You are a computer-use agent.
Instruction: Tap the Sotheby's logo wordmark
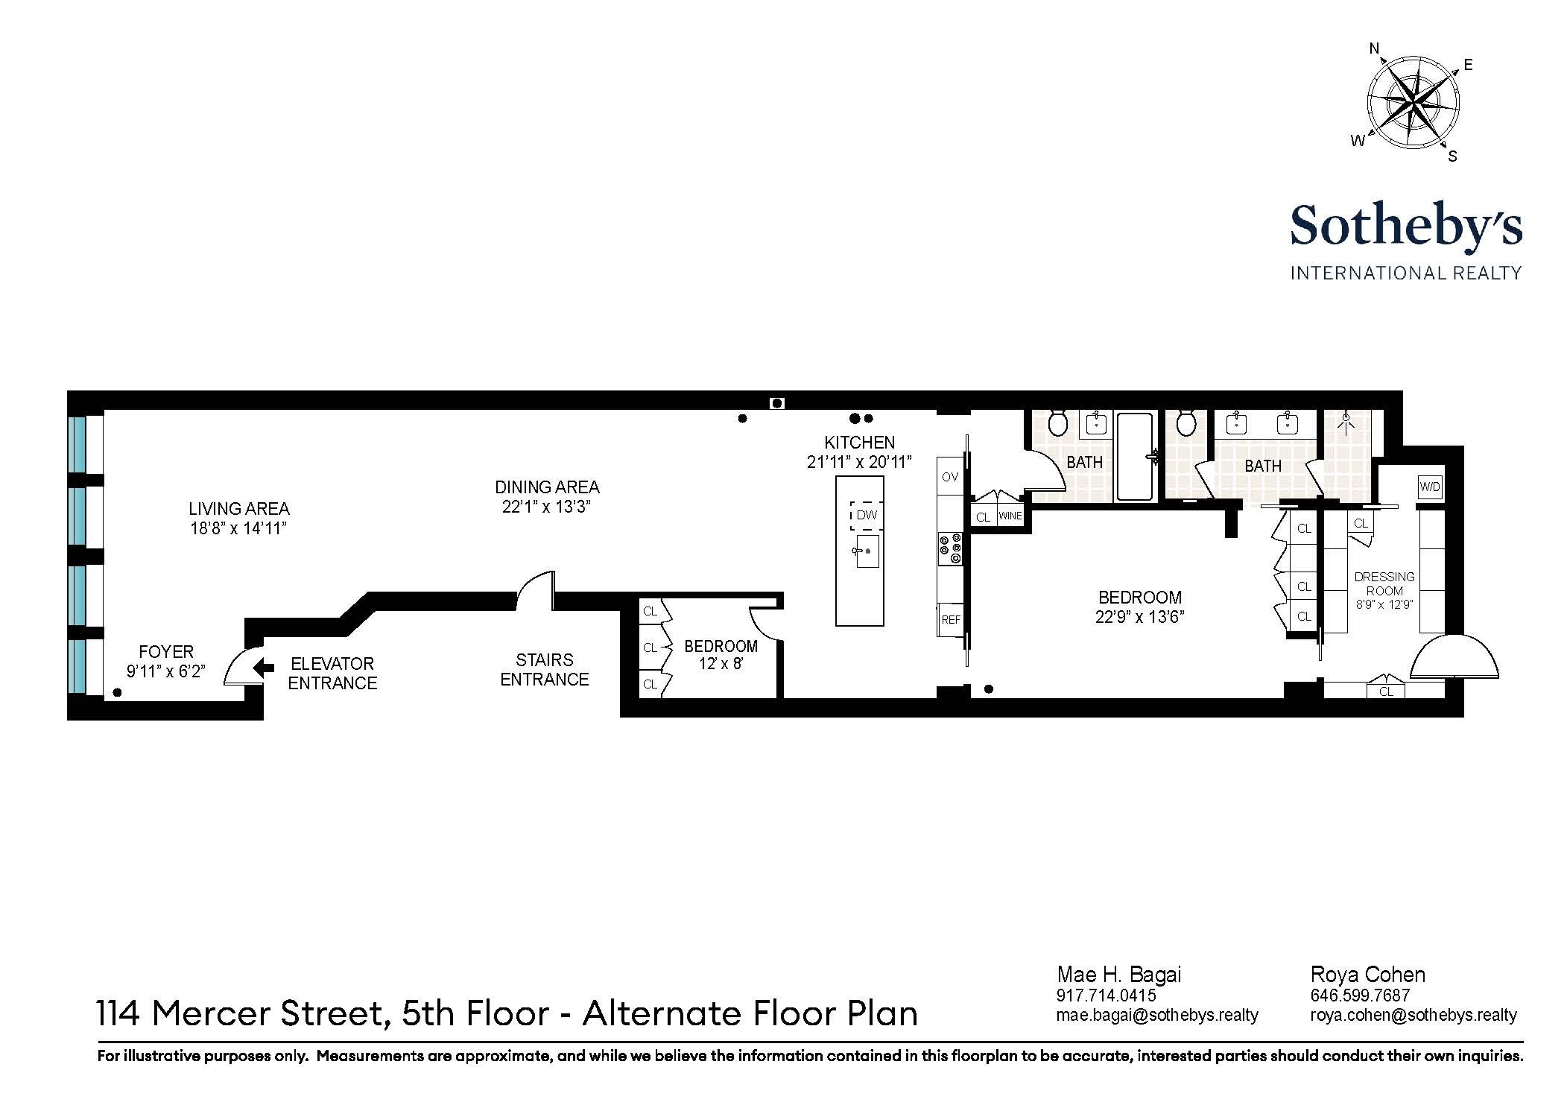pos(1406,225)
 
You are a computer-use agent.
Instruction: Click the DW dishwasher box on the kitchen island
pos(867,515)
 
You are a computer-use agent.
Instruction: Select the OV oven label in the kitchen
pos(950,477)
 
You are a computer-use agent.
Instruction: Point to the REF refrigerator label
pos(951,619)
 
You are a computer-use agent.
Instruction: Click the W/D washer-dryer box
pos(1430,487)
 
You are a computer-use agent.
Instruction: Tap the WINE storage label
pos(1010,516)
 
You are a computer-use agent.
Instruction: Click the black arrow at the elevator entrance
pos(263,668)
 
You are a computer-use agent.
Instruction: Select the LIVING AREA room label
pos(238,509)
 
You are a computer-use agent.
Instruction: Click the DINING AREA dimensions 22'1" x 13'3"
pos(547,507)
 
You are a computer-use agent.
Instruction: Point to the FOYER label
pos(166,652)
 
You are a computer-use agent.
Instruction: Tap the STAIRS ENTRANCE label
pos(544,669)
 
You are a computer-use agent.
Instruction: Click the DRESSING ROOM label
pos(1384,583)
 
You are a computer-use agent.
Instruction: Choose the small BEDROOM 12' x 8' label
pos(721,654)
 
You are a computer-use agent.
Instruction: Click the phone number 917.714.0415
pos(1106,995)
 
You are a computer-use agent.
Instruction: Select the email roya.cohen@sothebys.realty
pos(1414,1014)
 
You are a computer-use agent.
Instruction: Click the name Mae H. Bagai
pos(1118,975)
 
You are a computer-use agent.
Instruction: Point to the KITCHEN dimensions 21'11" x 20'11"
pos(859,462)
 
